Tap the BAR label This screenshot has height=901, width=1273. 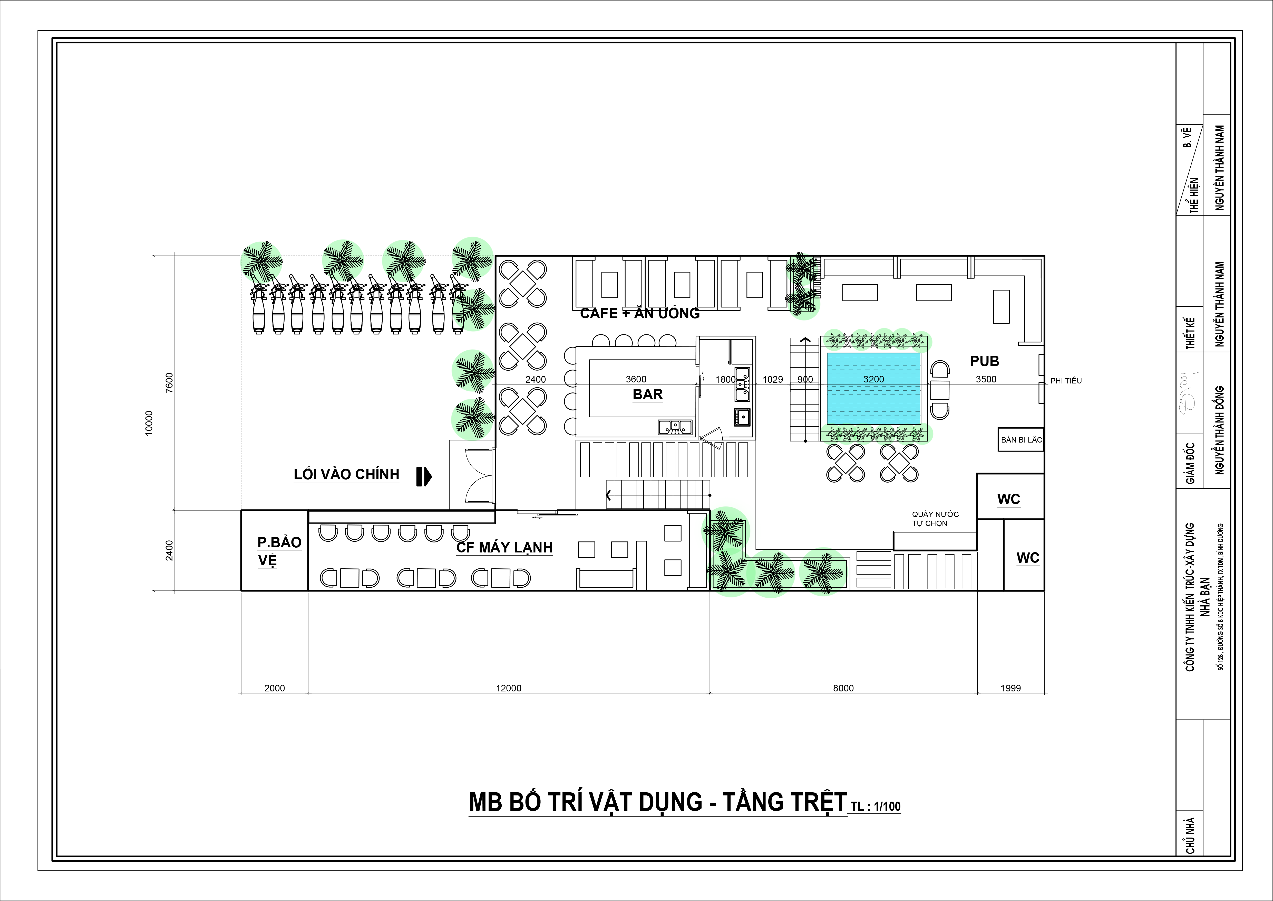coord(648,395)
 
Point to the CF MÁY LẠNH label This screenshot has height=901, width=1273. coord(504,548)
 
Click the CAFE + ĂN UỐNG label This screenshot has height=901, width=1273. coord(640,313)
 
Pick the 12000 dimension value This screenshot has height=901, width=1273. coord(508,688)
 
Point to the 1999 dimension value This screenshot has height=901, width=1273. coord(1010,688)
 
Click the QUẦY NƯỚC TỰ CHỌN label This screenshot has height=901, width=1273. coord(935,519)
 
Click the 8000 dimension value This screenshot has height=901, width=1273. coord(843,688)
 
